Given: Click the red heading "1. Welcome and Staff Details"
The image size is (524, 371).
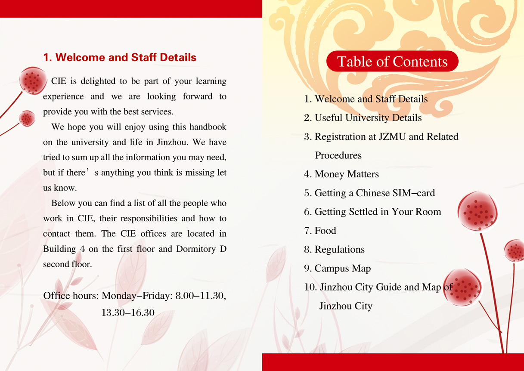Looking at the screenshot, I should tap(120, 58).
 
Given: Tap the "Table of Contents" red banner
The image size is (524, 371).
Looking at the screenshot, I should tap(392, 62).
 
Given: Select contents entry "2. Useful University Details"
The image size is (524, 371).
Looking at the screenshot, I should tap(363, 118).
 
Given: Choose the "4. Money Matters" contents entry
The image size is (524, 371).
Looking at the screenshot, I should tap(341, 174).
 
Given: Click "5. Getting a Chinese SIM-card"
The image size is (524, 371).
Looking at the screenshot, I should tap(369, 193).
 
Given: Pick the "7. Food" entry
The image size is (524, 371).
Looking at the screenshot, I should tap(320, 231).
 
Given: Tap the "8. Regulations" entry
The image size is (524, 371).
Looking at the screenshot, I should tap(334, 250).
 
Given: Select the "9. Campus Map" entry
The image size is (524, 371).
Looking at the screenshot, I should tap(337, 269).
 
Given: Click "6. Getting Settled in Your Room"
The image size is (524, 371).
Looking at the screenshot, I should tap(372, 212).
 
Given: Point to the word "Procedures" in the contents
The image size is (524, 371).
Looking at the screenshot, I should tap(338, 155).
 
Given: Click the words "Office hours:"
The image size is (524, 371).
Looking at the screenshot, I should tap(71, 296).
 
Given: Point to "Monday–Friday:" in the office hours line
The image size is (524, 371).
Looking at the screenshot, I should tap(137, 296).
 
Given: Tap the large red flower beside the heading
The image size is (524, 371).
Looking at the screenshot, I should tap(33, 80).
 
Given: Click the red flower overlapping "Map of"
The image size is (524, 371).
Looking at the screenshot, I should tap(462, 287).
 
